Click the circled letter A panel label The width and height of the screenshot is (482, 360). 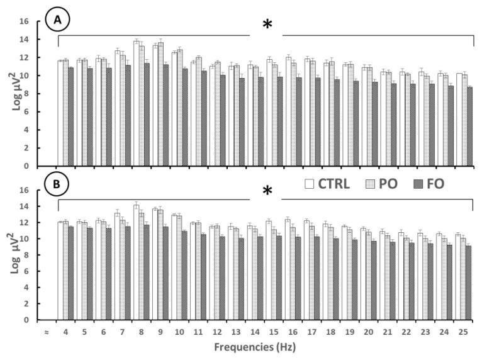(x=58, y=21)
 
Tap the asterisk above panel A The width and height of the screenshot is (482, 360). (x=267, y=26)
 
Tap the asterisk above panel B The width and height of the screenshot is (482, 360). (x=267, y=191)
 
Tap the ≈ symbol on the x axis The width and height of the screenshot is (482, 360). (x=46, y=330)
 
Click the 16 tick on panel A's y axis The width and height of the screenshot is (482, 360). (x=25, y=21)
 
